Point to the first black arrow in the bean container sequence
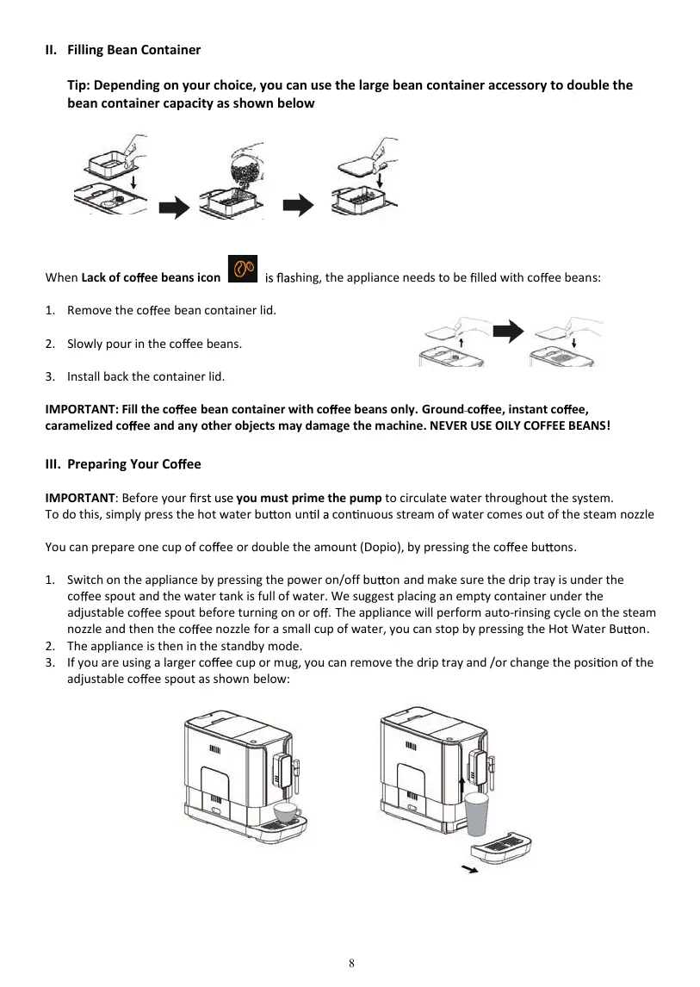tap(176, 207)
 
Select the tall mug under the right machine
tap(476, 814)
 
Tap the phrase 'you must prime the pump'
tap(309, 498)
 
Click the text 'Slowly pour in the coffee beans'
tap(154, 344)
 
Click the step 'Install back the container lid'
tap(146, 376)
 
